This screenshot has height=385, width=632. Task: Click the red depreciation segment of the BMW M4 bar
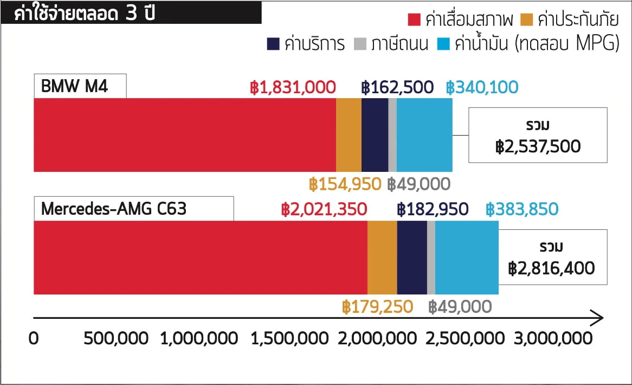(x=184, y=135)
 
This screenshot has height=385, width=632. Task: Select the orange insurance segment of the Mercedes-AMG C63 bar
(x=382, y=258)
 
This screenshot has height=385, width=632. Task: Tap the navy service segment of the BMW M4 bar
(x=375, y=135)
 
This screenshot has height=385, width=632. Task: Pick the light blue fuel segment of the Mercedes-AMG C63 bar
(x=467, y=258)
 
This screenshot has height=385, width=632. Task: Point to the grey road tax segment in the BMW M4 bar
(x=392, y=135)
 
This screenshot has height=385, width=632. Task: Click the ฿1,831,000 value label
(x=293, y=87)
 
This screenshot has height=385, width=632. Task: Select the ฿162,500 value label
(x=397, y=87)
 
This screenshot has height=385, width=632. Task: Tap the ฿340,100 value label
(x=482, y=87)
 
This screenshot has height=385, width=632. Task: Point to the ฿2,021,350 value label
(x=324, y=209)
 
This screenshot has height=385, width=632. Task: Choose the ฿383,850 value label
(x=522, y=209)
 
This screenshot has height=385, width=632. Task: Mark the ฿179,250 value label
(x=377, y=307)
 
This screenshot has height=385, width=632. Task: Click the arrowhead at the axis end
(x=597, y=317)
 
